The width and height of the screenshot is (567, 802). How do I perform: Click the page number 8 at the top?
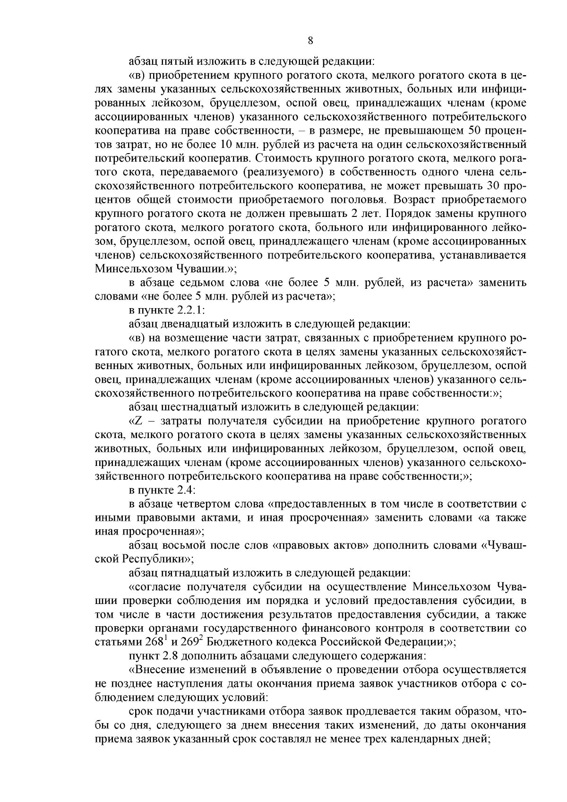tap(310, 41)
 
